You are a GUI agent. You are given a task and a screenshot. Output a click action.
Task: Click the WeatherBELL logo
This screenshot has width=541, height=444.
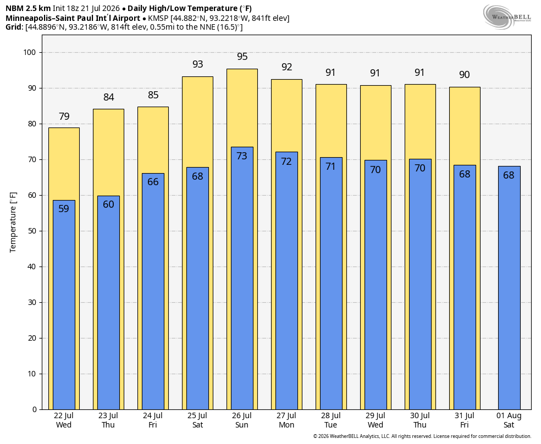tap(507, 17)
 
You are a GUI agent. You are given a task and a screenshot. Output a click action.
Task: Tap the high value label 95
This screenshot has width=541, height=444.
tap(242, 57)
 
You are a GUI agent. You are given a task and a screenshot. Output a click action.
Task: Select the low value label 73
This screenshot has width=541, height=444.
tap(242, 156)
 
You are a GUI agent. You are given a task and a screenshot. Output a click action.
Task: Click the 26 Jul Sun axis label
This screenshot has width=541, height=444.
tap(242, 420)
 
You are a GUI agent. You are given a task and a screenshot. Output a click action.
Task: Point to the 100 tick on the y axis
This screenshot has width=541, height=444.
tap(29, 52)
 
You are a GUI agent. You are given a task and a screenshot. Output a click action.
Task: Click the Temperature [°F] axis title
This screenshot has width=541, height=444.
tap(13, 223)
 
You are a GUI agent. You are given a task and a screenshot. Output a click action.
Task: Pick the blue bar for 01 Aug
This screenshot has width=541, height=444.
tap(509, 288)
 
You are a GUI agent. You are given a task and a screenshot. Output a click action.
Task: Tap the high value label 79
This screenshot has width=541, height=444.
tap(64, 116)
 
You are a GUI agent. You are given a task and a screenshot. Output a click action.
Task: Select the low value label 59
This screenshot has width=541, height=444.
tap(64, 209)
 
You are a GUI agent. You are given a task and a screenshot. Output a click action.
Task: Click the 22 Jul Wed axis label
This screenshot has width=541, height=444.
tap(64, 420)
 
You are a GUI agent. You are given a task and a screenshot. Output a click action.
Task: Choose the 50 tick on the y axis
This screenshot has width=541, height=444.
tap(32, 231)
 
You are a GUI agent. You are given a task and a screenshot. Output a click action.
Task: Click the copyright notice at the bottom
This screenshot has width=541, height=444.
tap(422, 436)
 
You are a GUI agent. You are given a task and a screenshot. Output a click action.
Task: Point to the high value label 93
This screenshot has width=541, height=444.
tap(198, 64)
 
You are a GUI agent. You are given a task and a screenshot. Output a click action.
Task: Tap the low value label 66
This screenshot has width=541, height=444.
tap(153, 182)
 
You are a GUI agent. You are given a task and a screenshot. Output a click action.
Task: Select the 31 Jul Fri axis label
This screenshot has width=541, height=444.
tap(465, 420)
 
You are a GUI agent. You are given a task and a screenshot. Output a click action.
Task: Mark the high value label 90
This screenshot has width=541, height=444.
tap(465, 75)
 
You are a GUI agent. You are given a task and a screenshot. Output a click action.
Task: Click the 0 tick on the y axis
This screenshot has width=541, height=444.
tap(34, 409)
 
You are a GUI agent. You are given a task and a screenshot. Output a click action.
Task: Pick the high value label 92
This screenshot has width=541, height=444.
tap(286, 67)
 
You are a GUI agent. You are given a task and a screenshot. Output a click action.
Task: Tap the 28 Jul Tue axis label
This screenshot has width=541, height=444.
tap(331, 420)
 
